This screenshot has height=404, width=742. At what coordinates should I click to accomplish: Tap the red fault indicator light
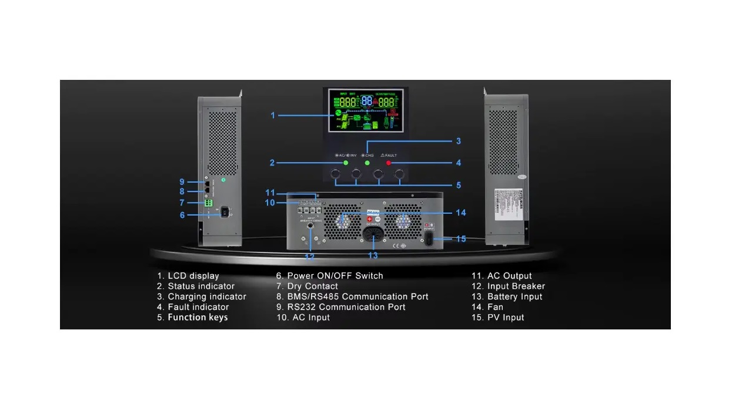389,163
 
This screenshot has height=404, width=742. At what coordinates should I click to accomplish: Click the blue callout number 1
273,116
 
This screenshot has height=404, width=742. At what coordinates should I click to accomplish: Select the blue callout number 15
461,239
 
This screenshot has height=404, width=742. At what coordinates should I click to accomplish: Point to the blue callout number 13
373,255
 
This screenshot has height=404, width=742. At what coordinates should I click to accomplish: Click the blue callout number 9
182,181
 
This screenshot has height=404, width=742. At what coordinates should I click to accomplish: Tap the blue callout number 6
182,216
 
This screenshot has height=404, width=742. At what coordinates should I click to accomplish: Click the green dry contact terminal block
208,203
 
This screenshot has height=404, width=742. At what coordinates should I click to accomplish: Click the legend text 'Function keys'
198,318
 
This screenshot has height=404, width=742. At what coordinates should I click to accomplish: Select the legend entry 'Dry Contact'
313,287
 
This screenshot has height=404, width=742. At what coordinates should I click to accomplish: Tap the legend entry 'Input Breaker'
516,287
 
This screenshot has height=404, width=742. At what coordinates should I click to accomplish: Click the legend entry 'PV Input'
506,318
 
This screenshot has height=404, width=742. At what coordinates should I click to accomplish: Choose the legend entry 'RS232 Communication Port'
346,307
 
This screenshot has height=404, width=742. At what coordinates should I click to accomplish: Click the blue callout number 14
460,213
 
